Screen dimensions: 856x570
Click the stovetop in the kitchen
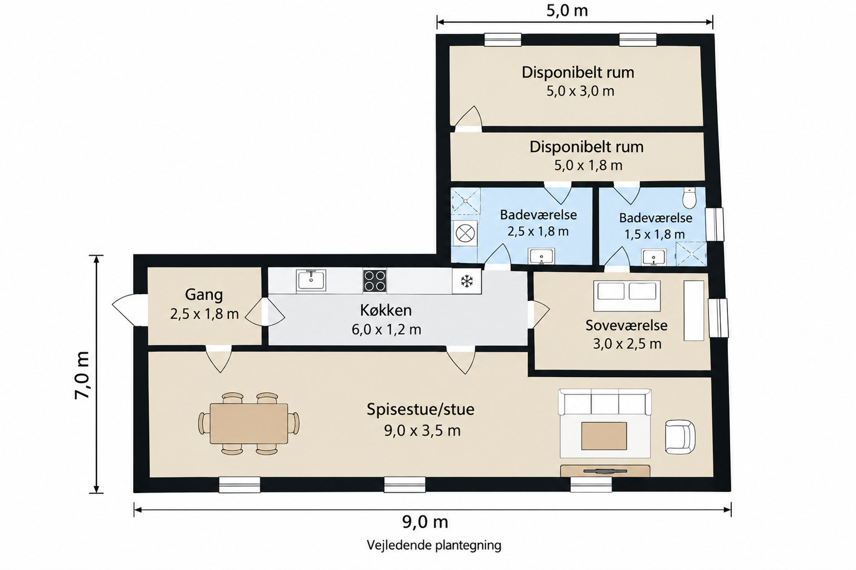tap(374, 281)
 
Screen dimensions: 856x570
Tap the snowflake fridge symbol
tap(466, 281)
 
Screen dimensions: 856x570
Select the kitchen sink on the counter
tap(311, 281)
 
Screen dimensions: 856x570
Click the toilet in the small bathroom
tap(689, 198)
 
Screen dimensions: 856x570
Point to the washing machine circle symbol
tap(466, 233)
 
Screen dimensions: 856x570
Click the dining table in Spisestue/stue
tap(249, 423)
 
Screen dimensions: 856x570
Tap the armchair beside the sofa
tap(680, 437)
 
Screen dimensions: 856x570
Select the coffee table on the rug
tap(604, 436)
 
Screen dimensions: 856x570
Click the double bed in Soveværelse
tap(627, 296)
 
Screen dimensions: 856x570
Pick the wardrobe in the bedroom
tap(693, 310)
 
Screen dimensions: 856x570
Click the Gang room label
tap(204, 295)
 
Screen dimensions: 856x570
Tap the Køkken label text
tap(386, 310)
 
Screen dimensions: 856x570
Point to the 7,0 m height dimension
tap(82, 375)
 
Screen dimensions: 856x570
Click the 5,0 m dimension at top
tap(567, 11)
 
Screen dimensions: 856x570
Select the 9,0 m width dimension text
tap(425, 522)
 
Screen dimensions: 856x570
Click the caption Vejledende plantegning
tap(434, 545)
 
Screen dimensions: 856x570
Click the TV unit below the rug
tap(605, 471)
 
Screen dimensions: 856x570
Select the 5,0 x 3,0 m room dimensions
tap(580, 91)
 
